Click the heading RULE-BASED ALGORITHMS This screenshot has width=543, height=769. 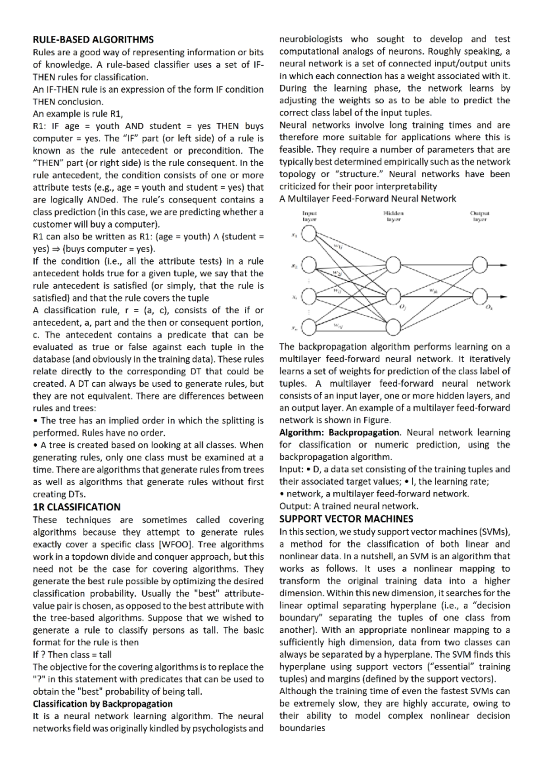(93, 39)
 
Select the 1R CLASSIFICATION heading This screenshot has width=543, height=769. (76, 507)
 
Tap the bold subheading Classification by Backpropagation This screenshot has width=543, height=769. (103, 704)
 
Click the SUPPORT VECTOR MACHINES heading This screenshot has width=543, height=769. (346, 519)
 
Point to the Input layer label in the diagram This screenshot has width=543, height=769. (310, 216)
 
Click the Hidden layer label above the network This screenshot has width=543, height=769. (393, 216)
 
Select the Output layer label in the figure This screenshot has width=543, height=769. (480, 216)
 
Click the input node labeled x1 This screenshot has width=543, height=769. (309, 234)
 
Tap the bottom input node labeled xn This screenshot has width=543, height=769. (309, 328)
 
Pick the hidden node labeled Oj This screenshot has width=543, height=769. (393, 297)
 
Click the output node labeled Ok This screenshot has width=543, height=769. (480, 297)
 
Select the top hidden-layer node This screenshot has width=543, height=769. (393, 265)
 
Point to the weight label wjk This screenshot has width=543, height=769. (433, 290)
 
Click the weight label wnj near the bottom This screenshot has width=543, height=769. (338, 325)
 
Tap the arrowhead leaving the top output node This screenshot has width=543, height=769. (504, 265)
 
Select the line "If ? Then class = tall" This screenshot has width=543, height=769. (72, 654)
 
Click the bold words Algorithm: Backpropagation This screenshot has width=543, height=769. (339, 433)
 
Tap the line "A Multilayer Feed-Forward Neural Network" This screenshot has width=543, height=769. (367, 198)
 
